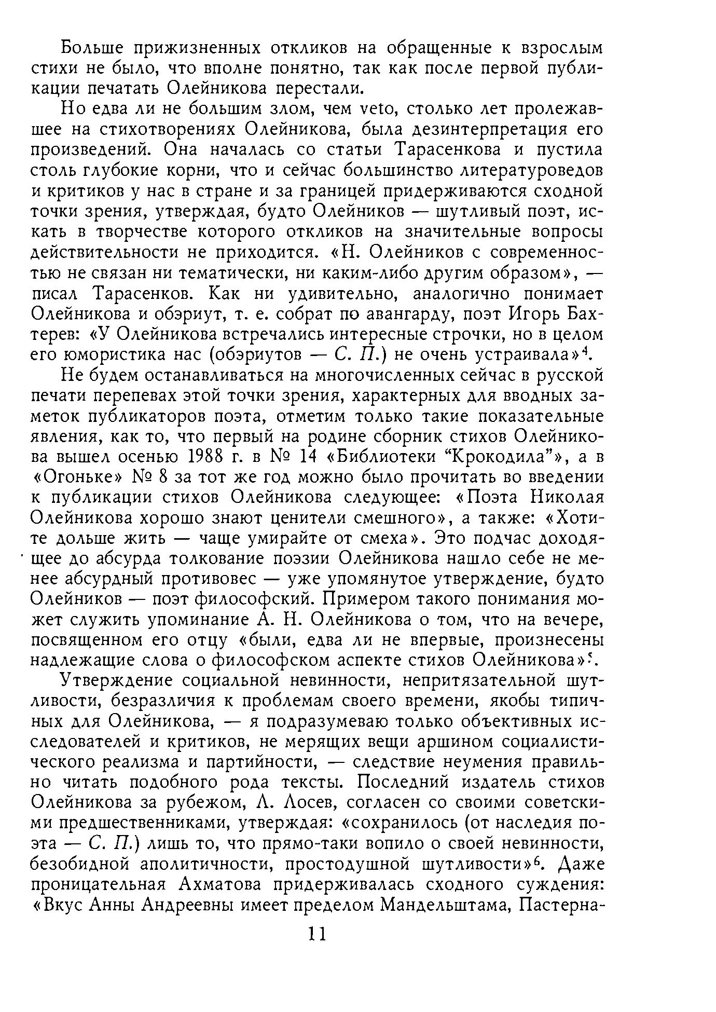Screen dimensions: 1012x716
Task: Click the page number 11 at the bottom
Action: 316,935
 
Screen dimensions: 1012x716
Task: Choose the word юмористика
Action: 118,355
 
